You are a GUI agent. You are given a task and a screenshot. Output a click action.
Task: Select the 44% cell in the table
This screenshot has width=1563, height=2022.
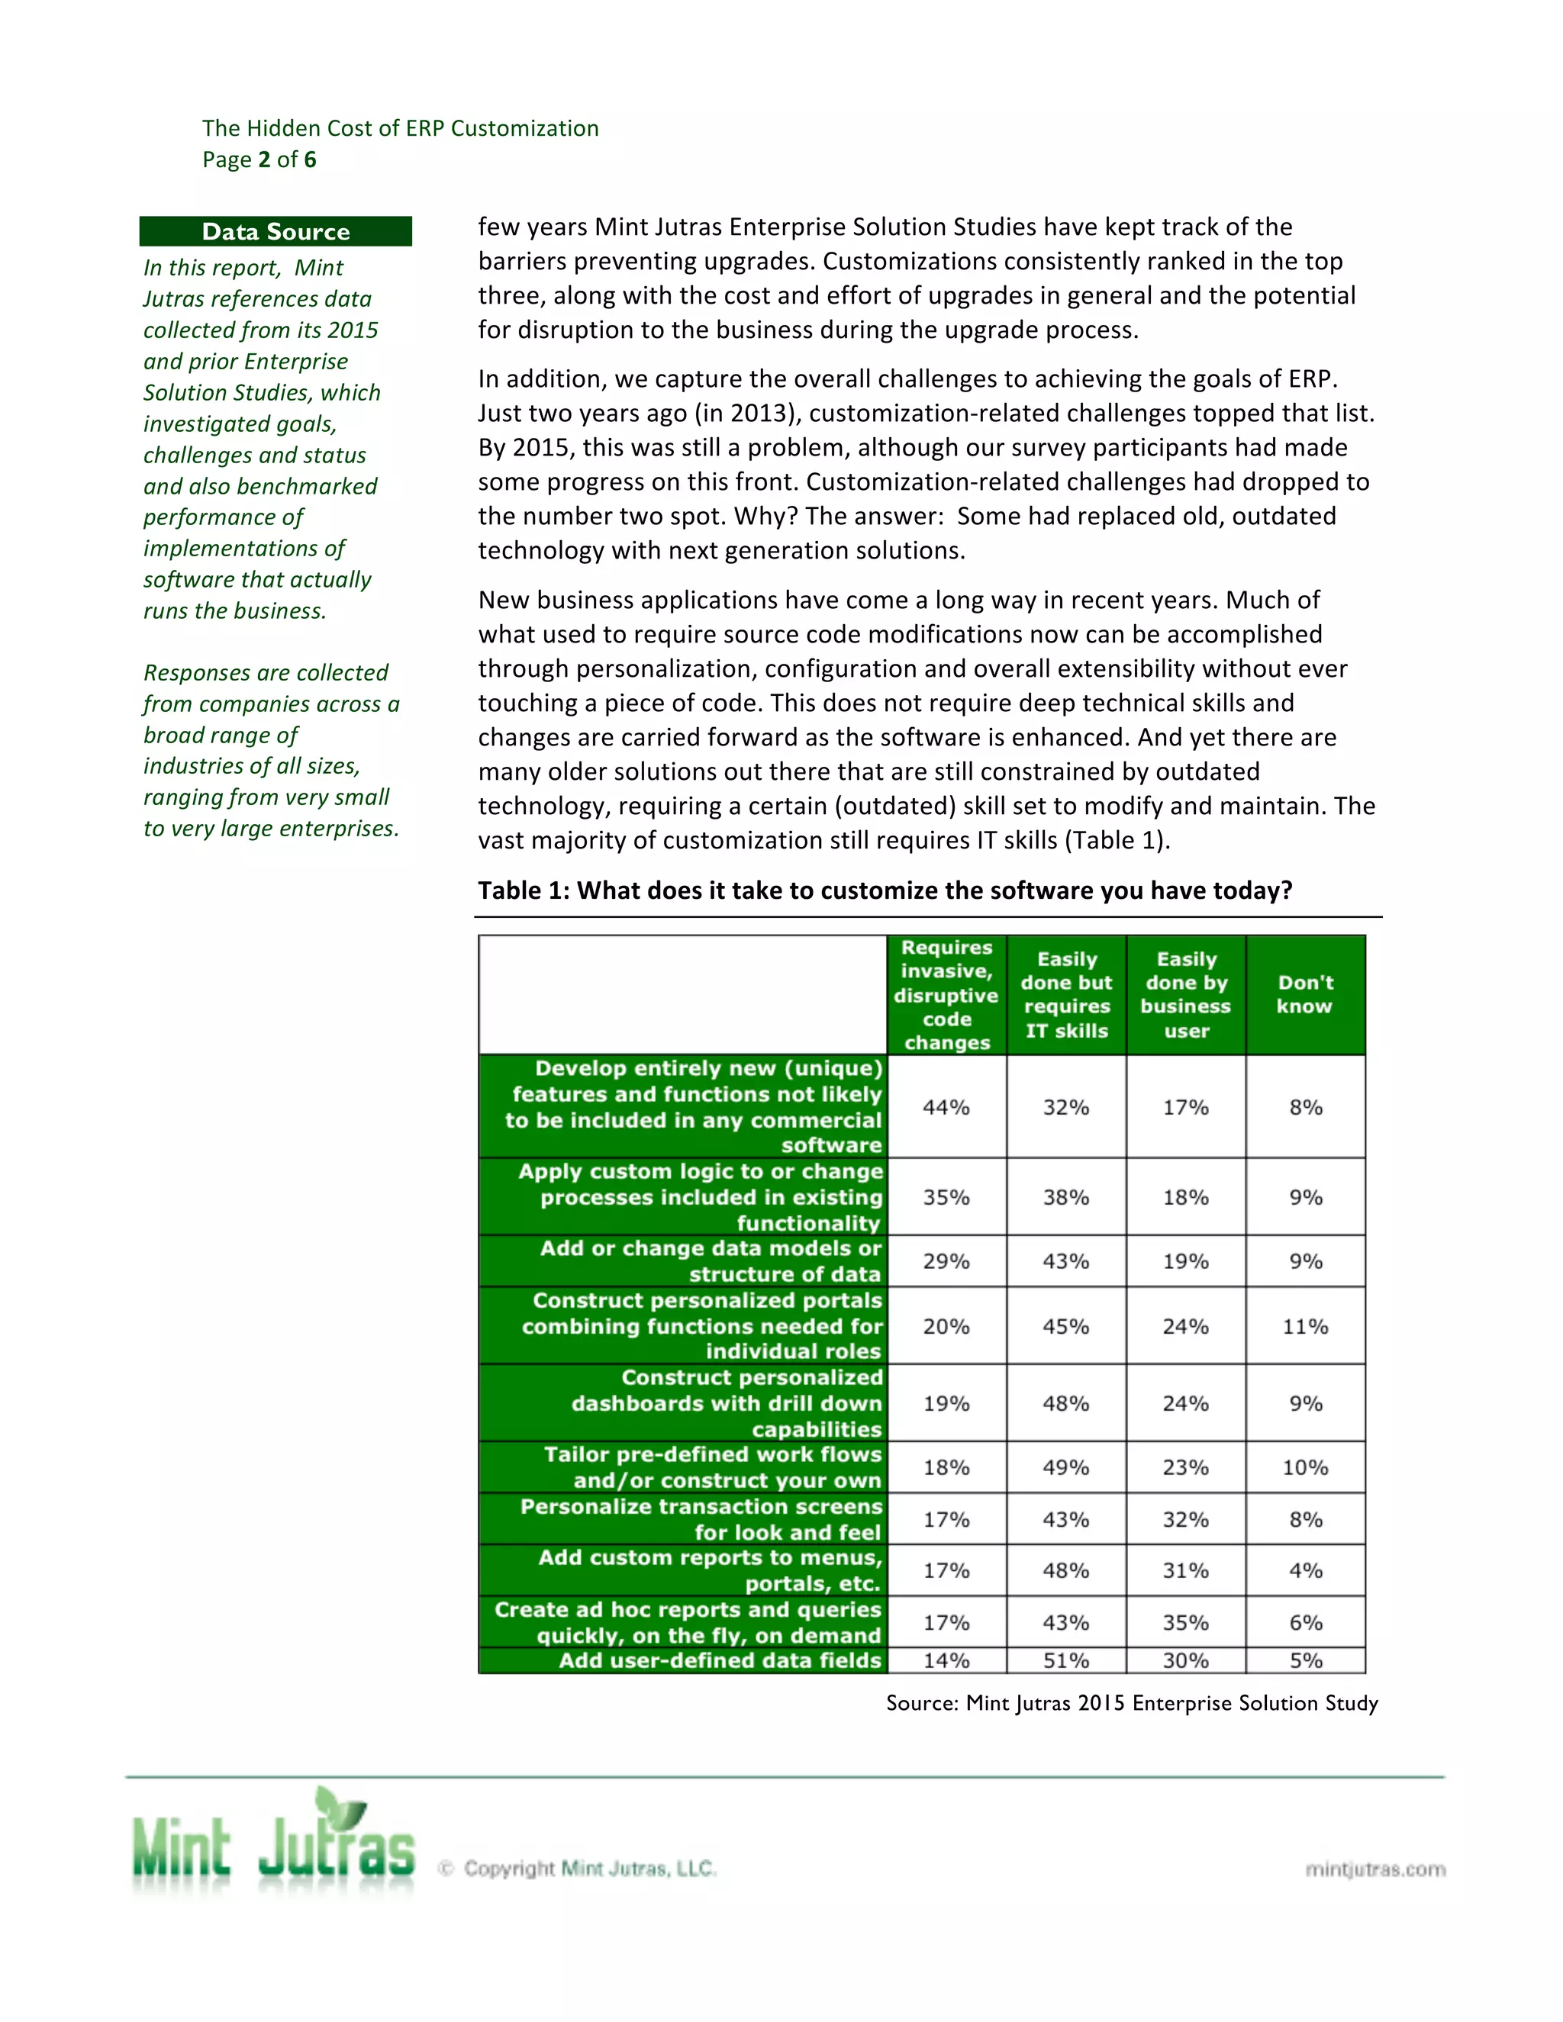point(946,1106)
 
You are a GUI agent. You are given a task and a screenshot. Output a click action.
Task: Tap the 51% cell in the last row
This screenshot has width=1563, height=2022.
point(1065,1660)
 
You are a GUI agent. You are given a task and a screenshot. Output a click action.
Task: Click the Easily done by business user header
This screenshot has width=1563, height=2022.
point(1185,994)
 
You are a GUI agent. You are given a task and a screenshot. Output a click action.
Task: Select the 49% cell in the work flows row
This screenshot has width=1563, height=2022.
point(1065,1467)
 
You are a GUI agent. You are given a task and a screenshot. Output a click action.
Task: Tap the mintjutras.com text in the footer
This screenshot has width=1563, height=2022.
point(1375,1869)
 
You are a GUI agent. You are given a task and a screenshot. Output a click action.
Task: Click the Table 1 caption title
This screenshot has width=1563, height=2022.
point(885,890)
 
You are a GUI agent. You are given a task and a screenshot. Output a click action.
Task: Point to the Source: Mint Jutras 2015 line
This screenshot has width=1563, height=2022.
point(1132,1702)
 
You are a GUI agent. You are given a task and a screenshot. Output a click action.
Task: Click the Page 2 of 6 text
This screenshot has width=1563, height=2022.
point(259,159)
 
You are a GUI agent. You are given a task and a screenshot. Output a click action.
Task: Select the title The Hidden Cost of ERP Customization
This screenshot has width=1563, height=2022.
point(400,127)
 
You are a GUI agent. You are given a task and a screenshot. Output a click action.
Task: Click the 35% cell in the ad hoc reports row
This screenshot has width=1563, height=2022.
point(1185,1622)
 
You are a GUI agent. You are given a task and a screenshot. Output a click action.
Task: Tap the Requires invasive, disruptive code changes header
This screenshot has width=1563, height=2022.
point(946,994)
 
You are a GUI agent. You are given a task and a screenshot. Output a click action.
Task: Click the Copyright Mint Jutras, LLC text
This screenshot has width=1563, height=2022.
point(589,1869)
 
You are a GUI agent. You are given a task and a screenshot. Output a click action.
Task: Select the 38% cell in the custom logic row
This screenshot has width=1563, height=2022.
point(1065,1196)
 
